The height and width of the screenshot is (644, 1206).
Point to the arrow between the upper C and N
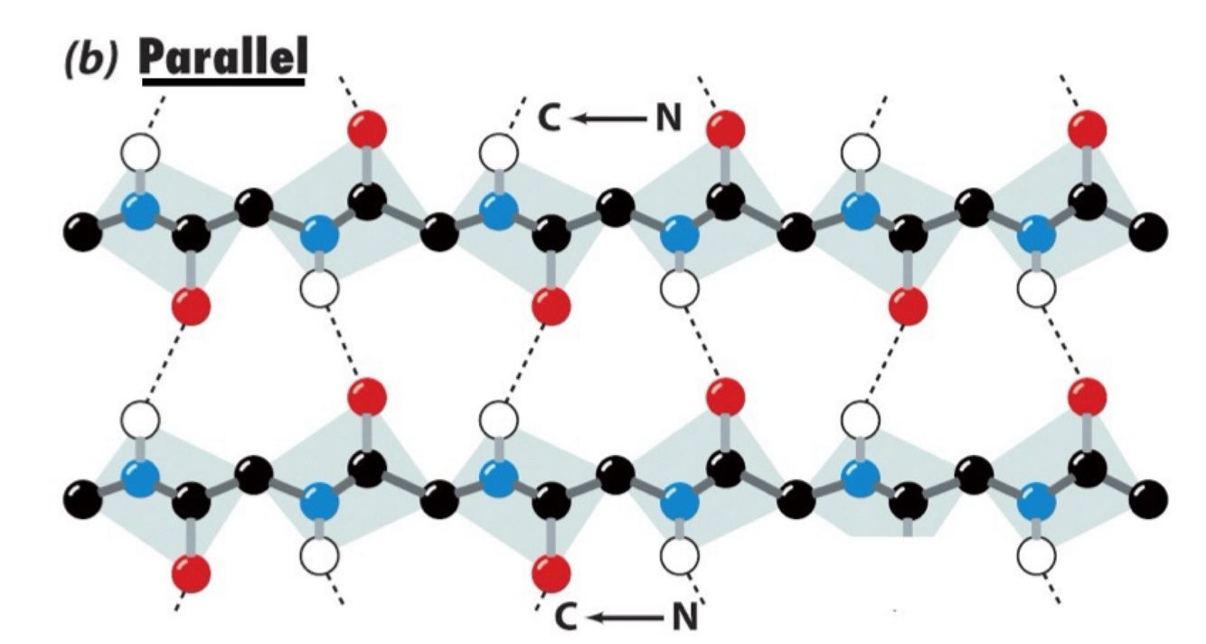tap(607, 118)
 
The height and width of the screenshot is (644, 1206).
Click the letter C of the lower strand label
tap(566, 620)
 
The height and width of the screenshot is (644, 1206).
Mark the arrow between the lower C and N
tap(624, 620)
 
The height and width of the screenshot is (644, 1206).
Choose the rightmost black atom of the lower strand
tap(1148, 497)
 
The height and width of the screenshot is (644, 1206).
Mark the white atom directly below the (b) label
tap(141, 154)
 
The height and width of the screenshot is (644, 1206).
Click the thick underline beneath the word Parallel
tap(223, 86)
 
